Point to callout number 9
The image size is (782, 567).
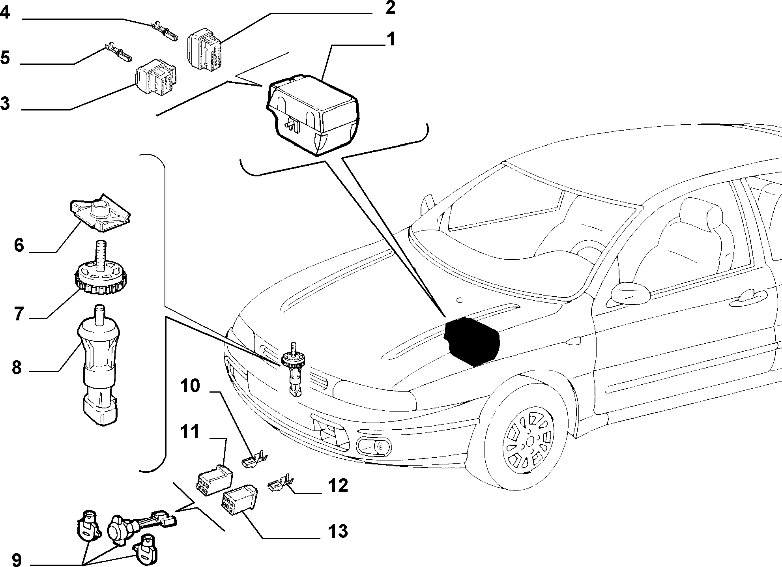point(17,560)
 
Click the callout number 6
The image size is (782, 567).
point(19,245)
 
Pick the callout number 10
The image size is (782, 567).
point(190,386)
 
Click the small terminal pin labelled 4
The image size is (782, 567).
point(165,32)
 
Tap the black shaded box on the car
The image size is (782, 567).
point(472,340)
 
